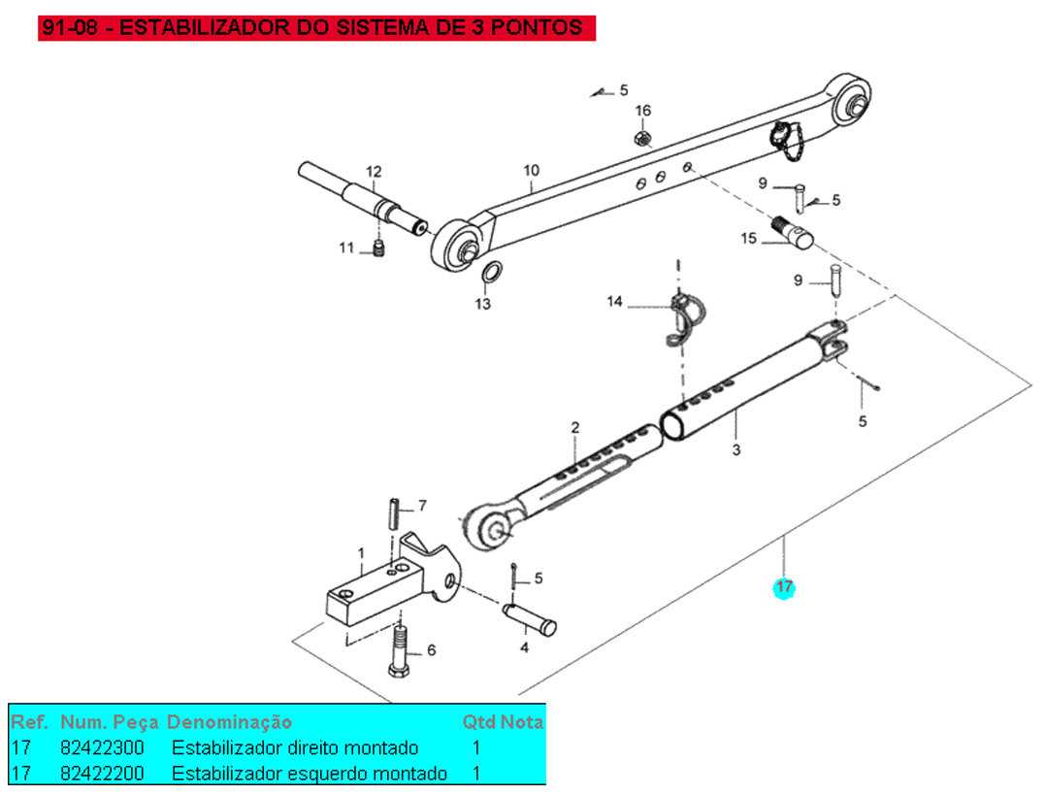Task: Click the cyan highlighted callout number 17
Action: click(783, 587)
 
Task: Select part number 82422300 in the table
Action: click(102, 748)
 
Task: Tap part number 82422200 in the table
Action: click(102, 774)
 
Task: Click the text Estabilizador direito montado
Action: click(295, 748)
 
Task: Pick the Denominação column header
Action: click(229, 722)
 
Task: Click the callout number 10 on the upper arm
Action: click(531, 172)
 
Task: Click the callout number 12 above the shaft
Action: click(374, 172)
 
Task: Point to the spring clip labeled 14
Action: click(685, 316)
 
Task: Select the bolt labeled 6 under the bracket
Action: click(400, 650)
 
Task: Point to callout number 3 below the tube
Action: click(736, 450)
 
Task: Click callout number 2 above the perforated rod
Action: click(574, 427)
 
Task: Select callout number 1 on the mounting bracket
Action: click(361, 554)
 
